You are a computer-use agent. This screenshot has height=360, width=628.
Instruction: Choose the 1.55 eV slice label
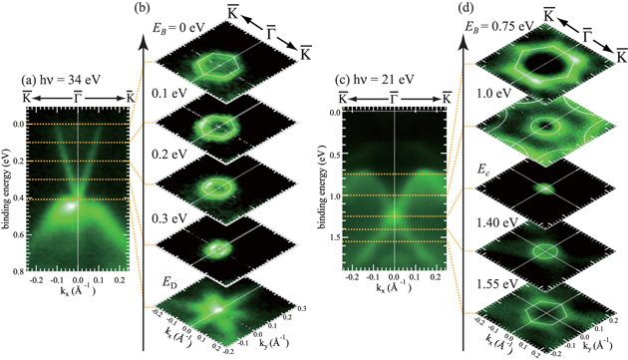pyautogui.click(x=494, y=276)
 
